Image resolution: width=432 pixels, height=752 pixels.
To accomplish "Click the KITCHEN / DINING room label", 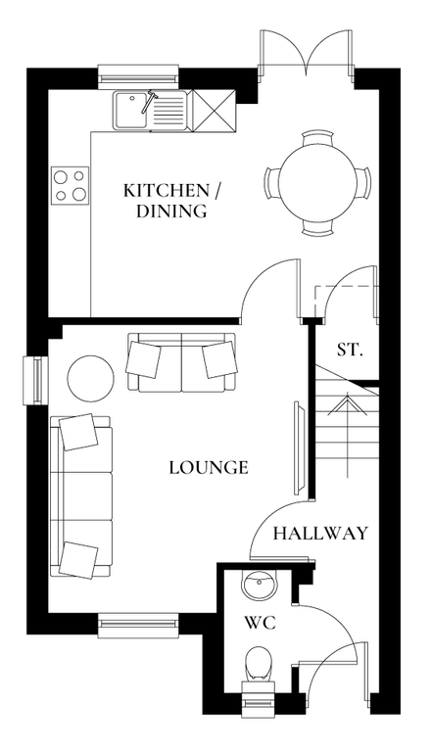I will pos(165,199).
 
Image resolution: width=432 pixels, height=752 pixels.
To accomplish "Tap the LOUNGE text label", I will pos(208,467).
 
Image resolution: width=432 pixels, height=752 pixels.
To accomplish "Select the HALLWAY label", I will pos(320,534).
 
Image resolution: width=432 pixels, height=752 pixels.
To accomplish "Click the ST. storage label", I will pos(349,349).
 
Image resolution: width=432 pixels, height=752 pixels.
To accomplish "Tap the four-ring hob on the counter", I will pos(70,184).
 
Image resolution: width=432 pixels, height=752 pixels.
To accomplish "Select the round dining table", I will pos(318,183).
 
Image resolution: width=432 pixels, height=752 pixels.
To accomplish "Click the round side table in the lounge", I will pos(90,376).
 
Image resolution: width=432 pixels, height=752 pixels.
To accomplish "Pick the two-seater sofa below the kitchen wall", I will pos(181,361).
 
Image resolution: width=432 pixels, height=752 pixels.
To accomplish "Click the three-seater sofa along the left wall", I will pos(80,494).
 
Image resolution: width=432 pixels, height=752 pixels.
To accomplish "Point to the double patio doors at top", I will pos(307,53).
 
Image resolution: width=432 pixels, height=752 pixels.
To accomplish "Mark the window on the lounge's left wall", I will pos(34,380).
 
